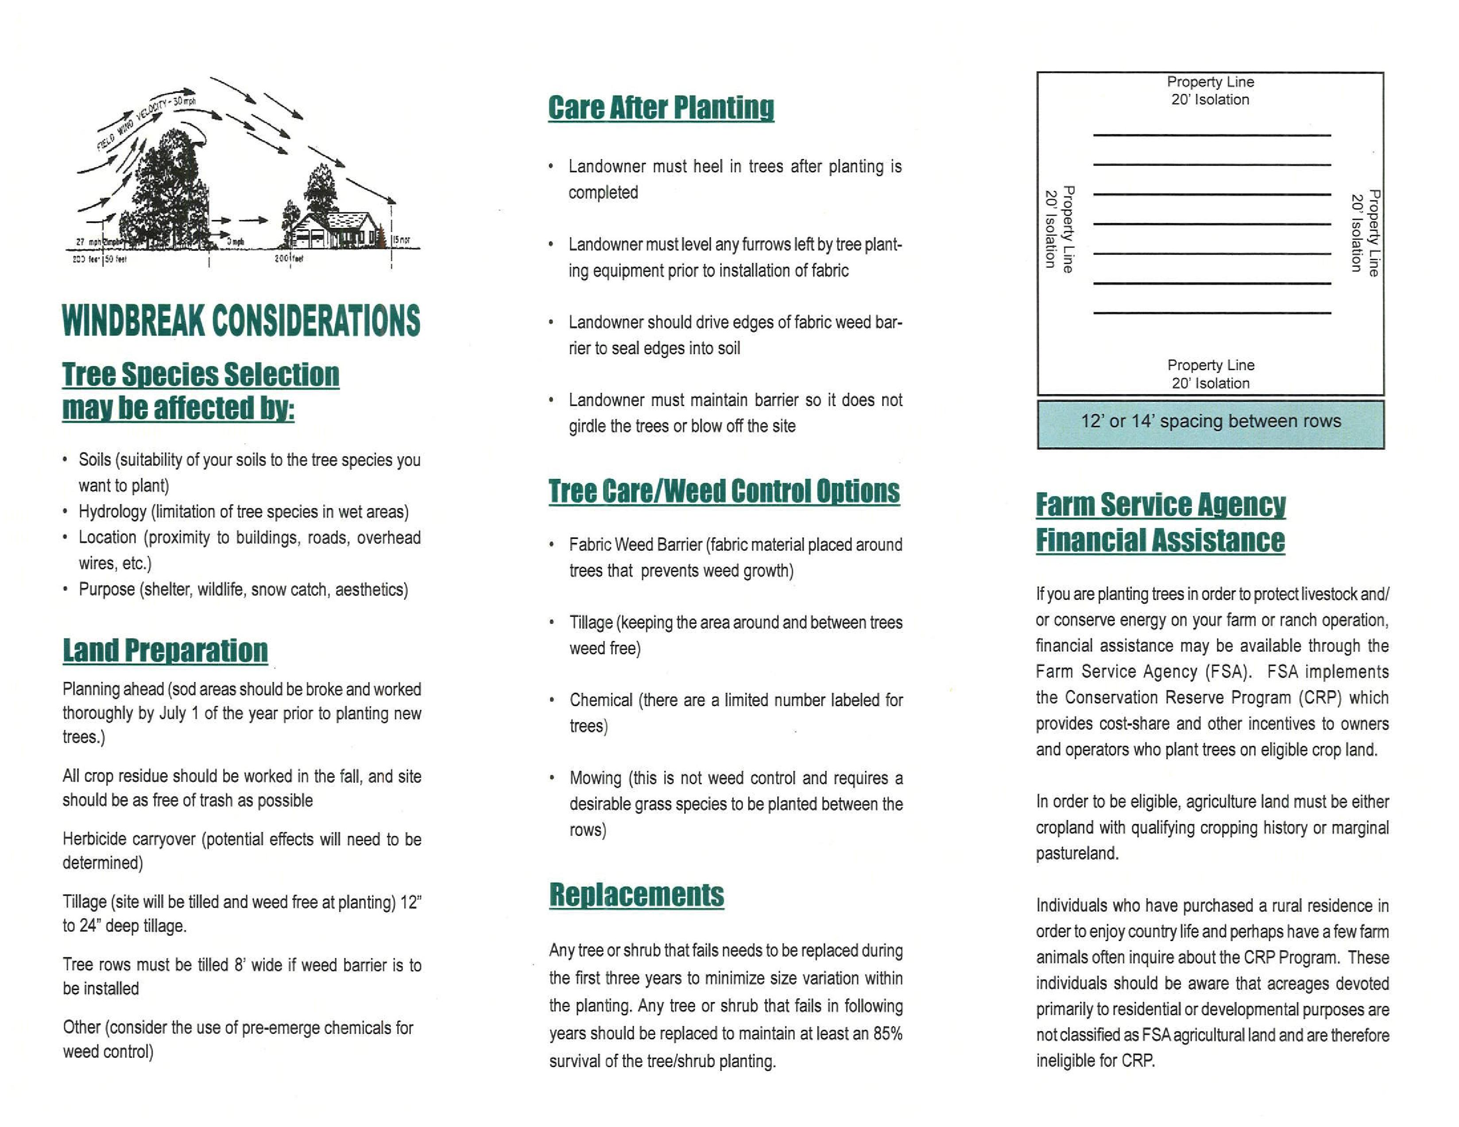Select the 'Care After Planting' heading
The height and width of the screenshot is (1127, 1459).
661,108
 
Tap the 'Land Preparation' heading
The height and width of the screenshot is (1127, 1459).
165,650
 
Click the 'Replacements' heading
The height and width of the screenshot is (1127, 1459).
636,895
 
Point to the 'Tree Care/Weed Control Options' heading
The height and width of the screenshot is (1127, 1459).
724,492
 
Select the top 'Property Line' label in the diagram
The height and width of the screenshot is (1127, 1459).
1210,81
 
